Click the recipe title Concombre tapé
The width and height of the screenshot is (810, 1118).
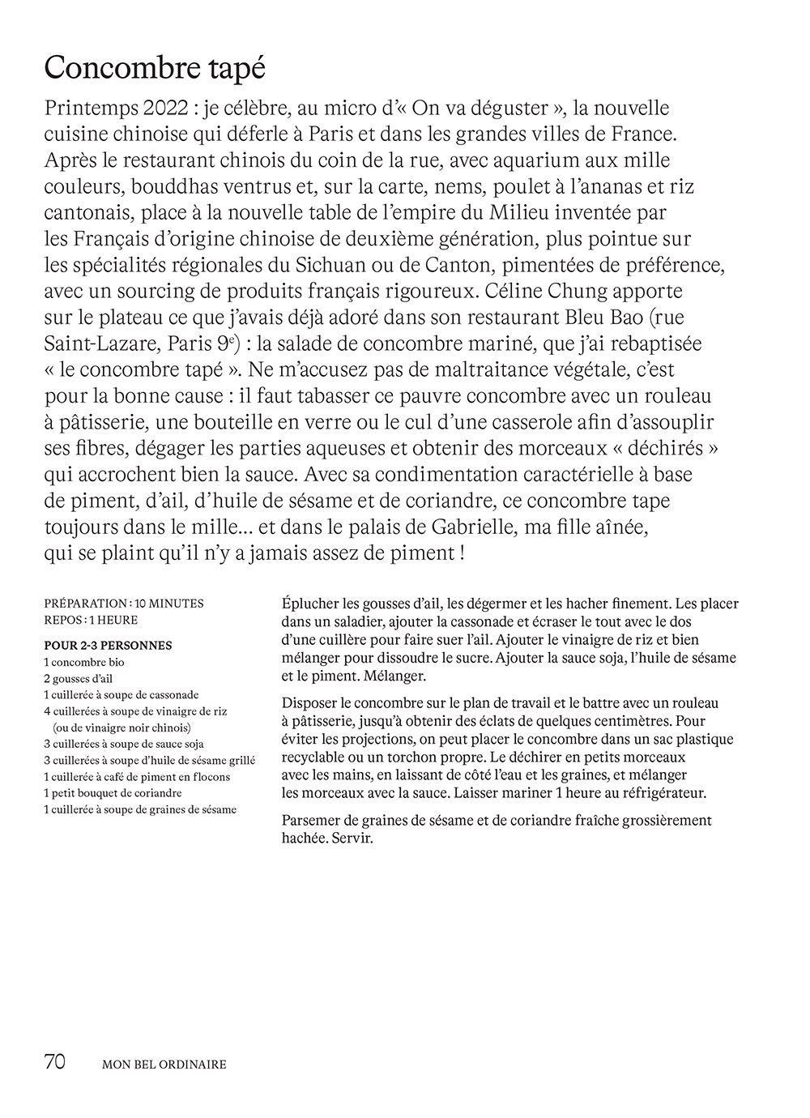pyautogui.click(x=155, y=68)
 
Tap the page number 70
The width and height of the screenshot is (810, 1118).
pyautogui.click(x=55, y=1062)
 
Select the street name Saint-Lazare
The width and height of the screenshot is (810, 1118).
pyautogui.click(x=101, y=344)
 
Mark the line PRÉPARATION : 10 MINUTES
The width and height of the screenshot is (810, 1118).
pyautogui.click(x=124, y=604)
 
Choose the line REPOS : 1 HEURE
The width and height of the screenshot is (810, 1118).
pyautogui.click(x=91, y=620)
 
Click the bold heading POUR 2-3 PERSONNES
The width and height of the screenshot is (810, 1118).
pyautogui.click(x=108, y=646)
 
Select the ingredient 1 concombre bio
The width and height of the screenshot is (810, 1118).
pyautogui.click(x=84, y=662)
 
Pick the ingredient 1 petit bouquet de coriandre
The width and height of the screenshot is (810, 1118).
pyautogui.click(x=113, y=792)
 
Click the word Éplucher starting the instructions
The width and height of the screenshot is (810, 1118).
pyautogui.click(x=310, y=604)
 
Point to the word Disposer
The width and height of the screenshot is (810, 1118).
pyautogui.click(x=308, y=703)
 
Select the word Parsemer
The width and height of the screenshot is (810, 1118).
pyautogui.click(x=310, y=820)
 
